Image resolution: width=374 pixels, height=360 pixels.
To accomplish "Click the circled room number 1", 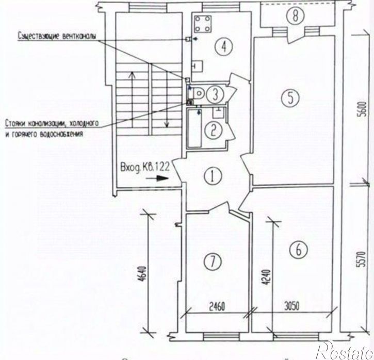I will pyautogui.click(x=212, y=177).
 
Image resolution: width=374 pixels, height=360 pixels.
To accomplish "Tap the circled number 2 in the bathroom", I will pyautogui.click(x=212, y=130).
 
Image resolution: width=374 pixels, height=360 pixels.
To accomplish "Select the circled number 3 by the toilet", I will pyautogui.click(x=217, y=94).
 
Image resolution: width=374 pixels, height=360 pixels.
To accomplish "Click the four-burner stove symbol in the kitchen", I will pyautogui.click(x=202, y=24).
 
